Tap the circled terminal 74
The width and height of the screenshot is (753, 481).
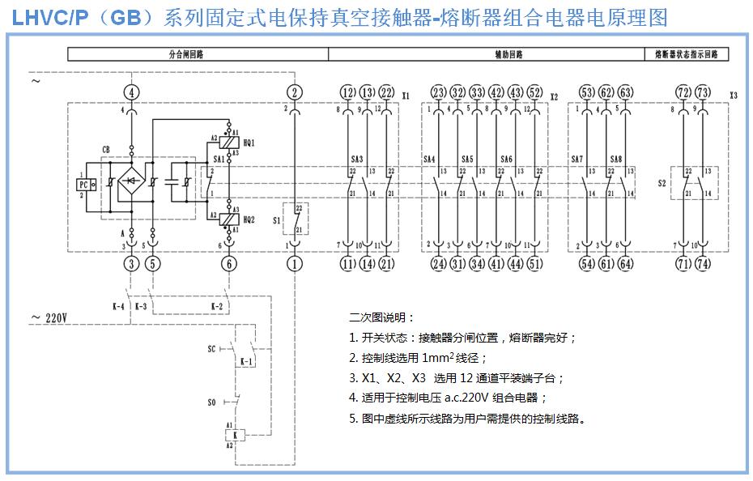click(x=703, y=263)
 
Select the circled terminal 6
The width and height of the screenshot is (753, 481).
click(x=230, y=263)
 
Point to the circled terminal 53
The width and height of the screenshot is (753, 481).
click(x=587, y=92)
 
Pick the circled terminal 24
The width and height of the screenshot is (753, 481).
click(x=439, y=263)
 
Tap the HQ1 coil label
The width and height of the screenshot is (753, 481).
click(x=249, y=142)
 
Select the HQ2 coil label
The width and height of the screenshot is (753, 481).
click(x=249, y=219)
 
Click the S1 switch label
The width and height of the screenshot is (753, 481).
click(x=278, y=219)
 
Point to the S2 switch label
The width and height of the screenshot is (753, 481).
click(x=662, y=184)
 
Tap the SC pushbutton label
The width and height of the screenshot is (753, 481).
click(x=211, y=348)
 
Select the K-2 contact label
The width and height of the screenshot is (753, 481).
click(x=217, y=307)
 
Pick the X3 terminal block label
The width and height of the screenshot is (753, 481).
click(x=733, y=96)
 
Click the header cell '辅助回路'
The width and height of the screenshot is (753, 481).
click(x=508, y=55)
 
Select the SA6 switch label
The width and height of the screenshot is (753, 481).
click(x=507, y=159)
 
